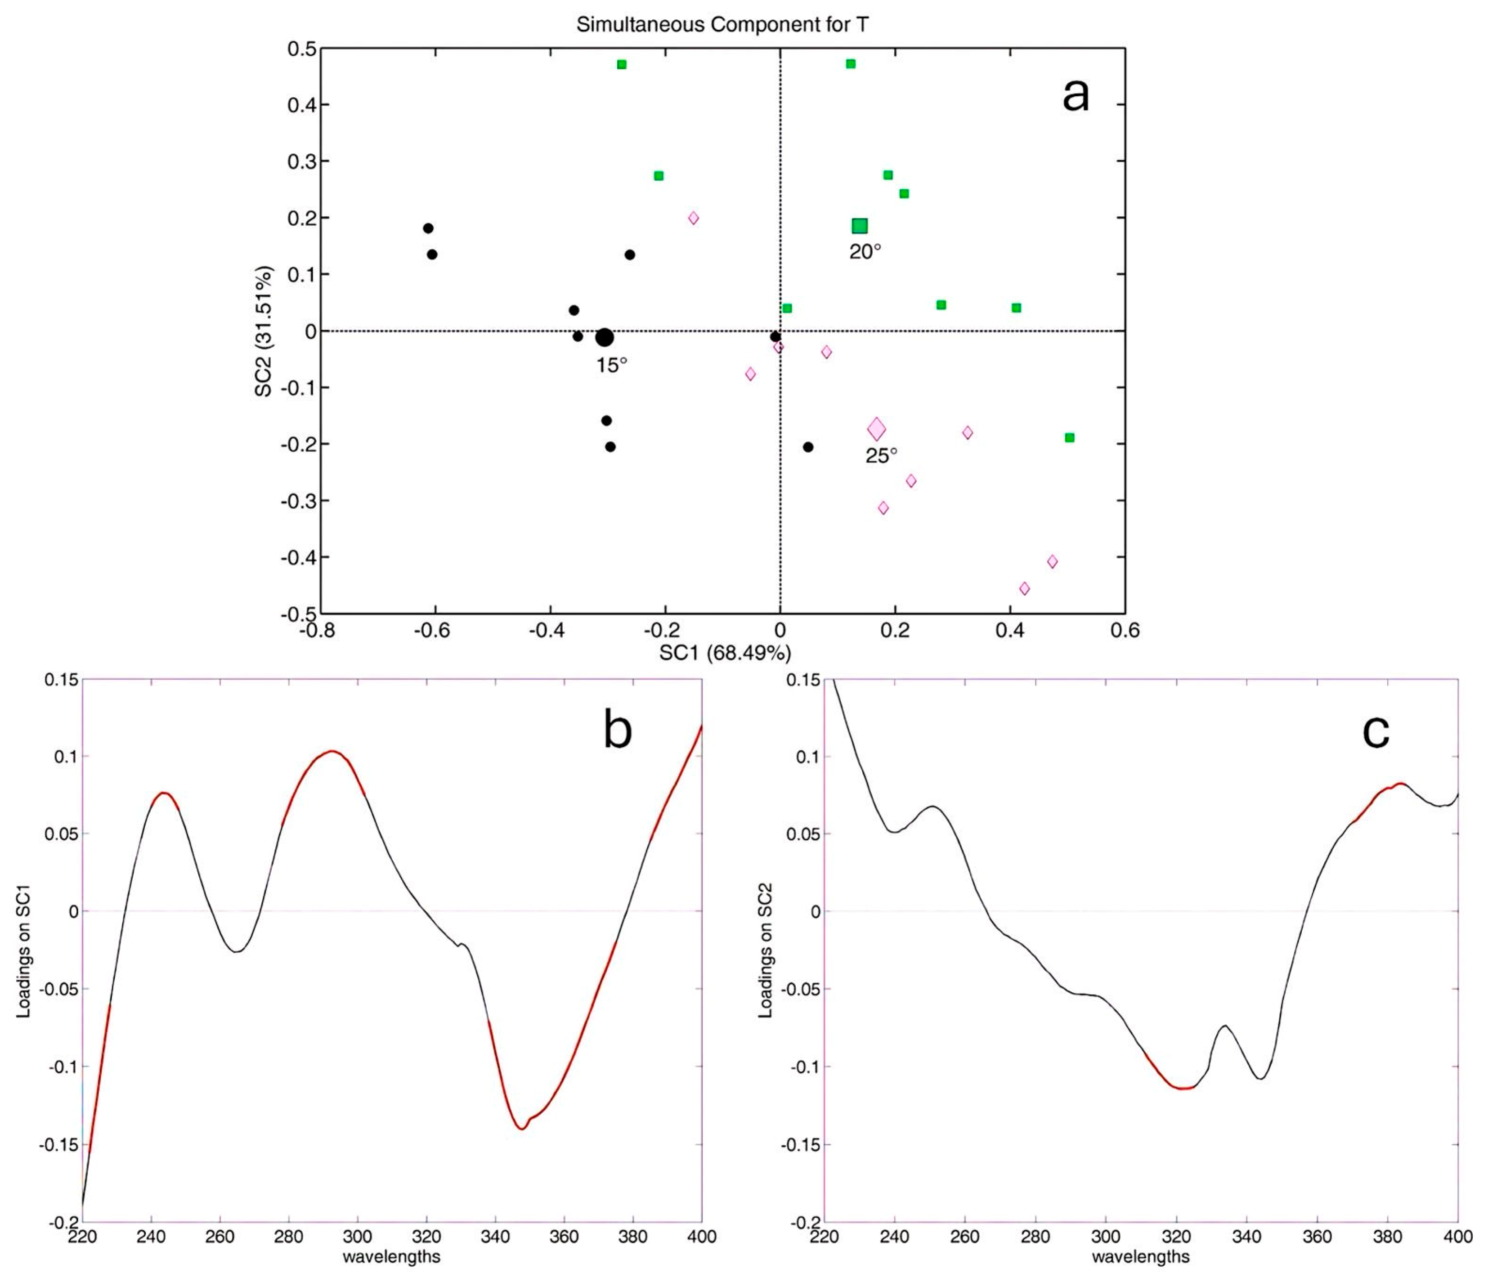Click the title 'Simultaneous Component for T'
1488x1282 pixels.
click(x=722, y=24)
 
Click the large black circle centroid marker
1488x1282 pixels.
click(x=605, y=337)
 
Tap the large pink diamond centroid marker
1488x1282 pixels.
click(x=876, y=430)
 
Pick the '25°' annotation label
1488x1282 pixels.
click(x=881, y=455)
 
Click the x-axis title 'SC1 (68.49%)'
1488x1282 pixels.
click(x=725, y=653)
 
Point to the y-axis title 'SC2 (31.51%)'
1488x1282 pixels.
click(x=263, y=331)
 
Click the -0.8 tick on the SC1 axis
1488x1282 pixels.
click(x=321, y=631)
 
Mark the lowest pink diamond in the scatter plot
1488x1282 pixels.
click(x=1025, y=589)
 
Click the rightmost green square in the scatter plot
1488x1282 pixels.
click(x=1069, y=437)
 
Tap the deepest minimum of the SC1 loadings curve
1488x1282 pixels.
click(x=521, y=1129)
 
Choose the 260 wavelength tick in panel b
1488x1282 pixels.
click(x=220, y=1237)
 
